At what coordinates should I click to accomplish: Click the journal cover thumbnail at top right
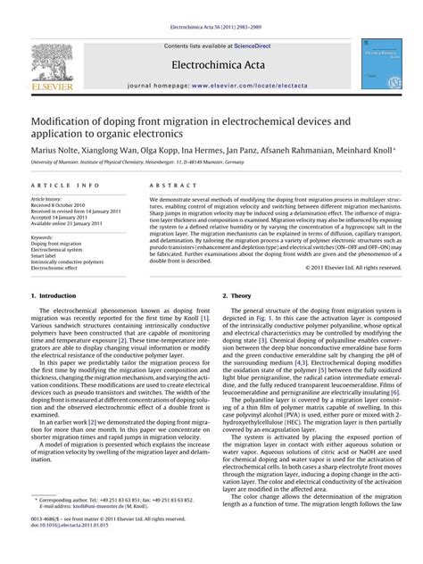coord(381,62)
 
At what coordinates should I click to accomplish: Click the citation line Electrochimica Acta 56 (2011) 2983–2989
coord(211,11)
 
